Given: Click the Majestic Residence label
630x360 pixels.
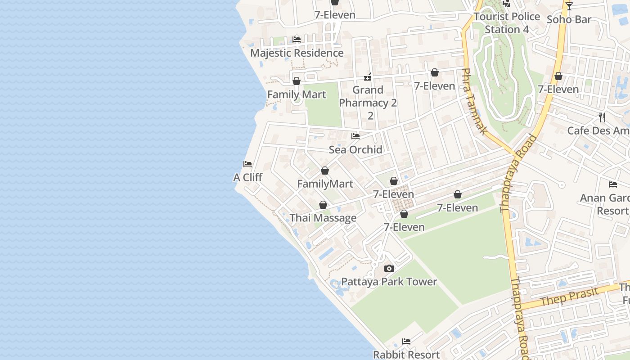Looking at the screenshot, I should [297, 53].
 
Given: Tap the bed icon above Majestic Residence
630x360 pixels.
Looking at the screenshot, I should [297, 40].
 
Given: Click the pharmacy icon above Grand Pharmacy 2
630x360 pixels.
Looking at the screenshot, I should [368, 77].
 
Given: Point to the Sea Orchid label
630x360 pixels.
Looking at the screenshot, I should [355, 149].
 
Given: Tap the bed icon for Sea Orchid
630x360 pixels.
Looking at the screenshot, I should [355, 136].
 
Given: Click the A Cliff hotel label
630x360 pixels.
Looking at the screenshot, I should [247, 177].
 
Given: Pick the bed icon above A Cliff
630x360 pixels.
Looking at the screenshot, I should [247, 164].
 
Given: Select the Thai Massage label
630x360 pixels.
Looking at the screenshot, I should [323, 218].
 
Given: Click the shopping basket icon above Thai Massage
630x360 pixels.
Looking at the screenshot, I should [323, 205].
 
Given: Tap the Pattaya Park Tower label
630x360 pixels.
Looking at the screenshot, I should [389, 282].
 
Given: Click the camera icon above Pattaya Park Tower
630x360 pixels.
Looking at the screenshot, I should [389, 269].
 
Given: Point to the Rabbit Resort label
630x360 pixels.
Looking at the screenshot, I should [406, 354].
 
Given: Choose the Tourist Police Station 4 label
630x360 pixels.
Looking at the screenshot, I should [507, 23].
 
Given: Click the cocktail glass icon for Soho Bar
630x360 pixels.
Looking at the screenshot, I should [569, 6].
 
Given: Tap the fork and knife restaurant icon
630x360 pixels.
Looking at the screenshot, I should [602, 117].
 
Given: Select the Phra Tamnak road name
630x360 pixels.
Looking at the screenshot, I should [475, 101].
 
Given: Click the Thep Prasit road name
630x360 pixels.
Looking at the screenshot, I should [570, 297].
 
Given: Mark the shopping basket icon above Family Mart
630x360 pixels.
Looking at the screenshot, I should [297, 81].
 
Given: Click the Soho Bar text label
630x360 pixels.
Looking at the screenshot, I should [569, 19].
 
